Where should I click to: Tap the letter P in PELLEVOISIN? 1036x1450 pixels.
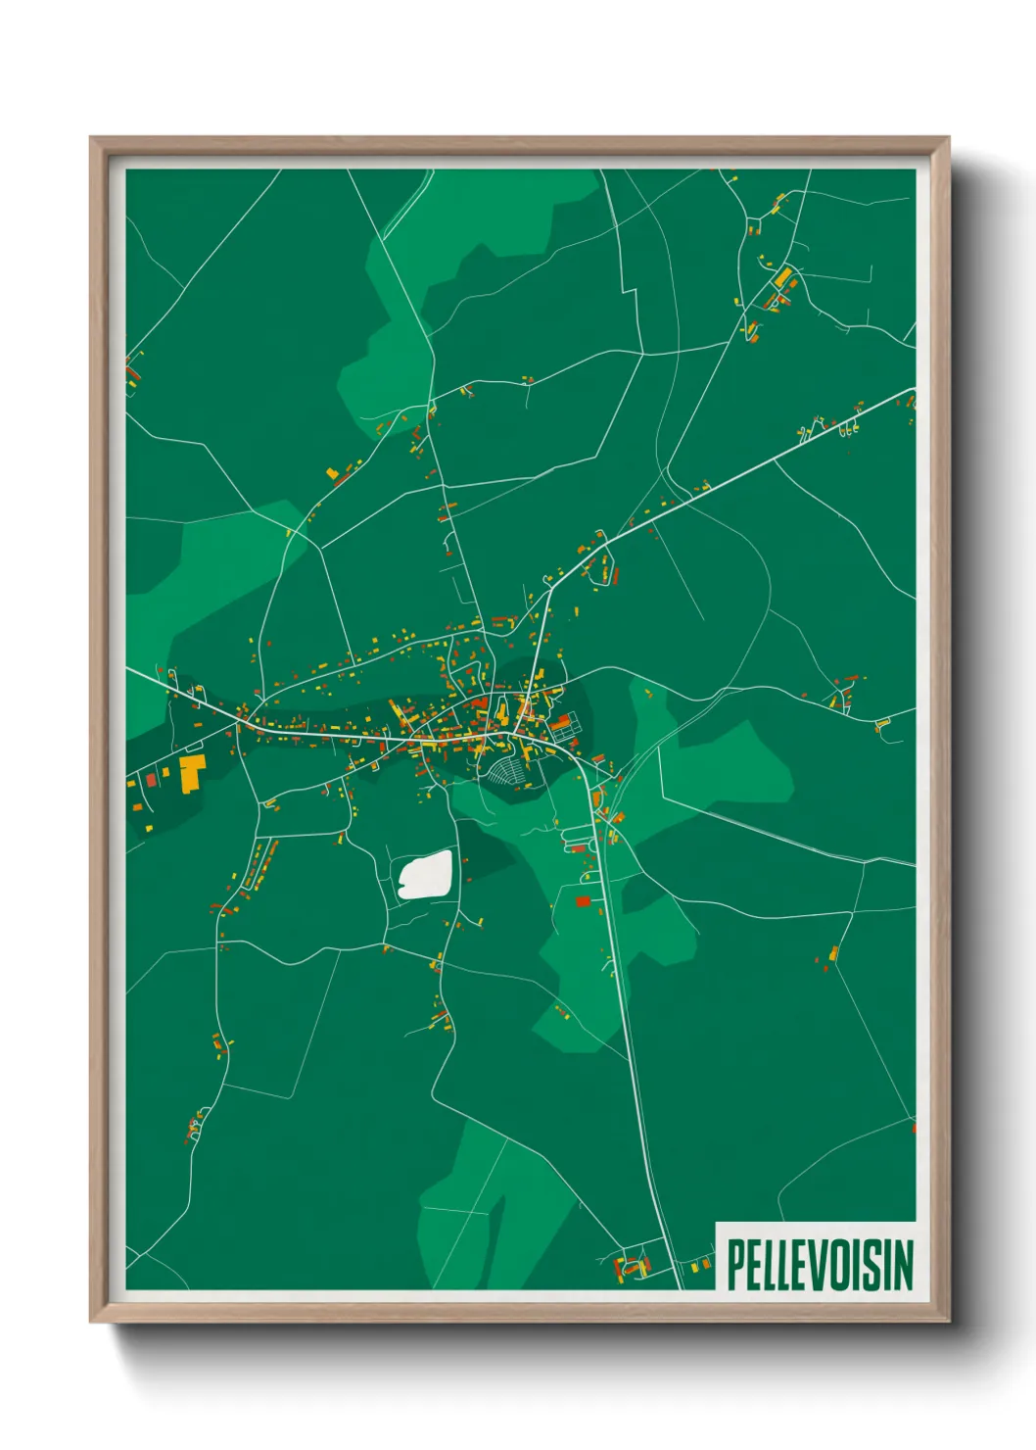(x=736, y=1265)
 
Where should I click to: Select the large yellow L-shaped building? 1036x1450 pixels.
(x=191, y=772)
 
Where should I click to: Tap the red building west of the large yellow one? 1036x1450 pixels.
(x=152, y=779)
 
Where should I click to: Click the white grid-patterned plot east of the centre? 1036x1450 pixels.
(x=565, y=726)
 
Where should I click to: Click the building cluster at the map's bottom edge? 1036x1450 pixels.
(x=633, y=1266)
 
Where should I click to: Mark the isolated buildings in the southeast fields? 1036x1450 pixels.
(x=831, y=955)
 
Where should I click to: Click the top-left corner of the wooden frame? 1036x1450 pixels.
(x=92, y=139)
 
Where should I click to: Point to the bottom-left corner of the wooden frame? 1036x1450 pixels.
(x=92, y=1321)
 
